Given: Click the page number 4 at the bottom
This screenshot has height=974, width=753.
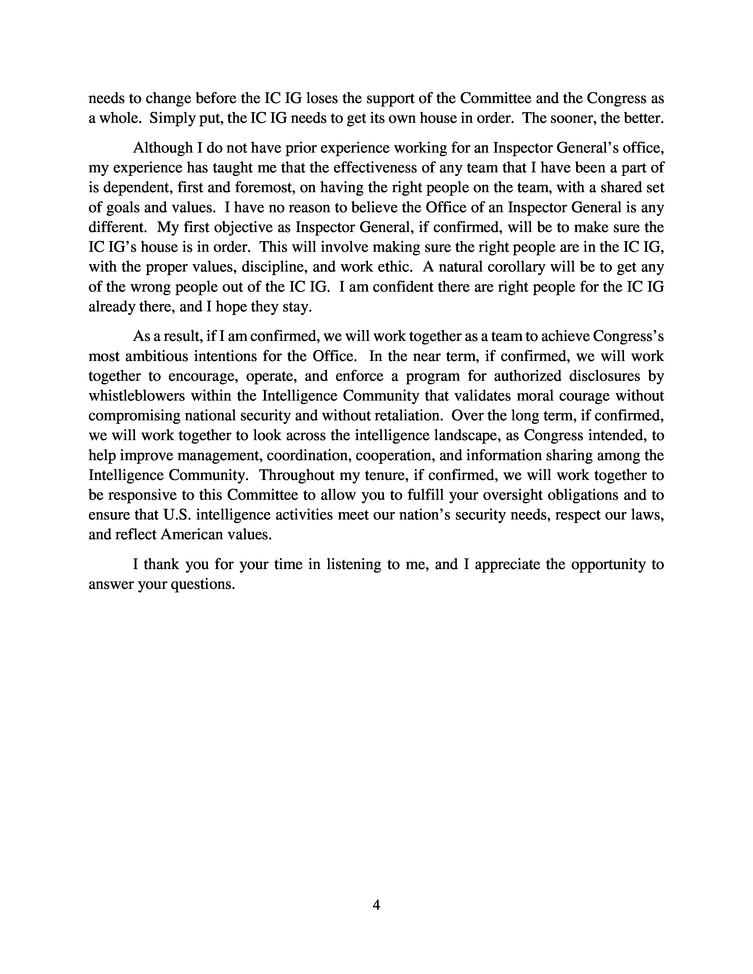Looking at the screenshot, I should click(x=376, y=905).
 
